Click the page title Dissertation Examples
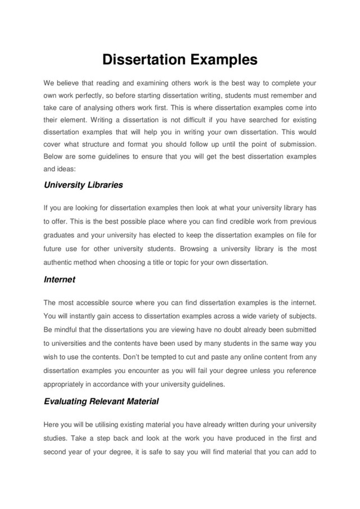(x=179, y=60)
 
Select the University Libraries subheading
(x=83, y=184)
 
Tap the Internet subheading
(x=59, y=279)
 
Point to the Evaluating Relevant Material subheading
(x=101, y=401)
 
